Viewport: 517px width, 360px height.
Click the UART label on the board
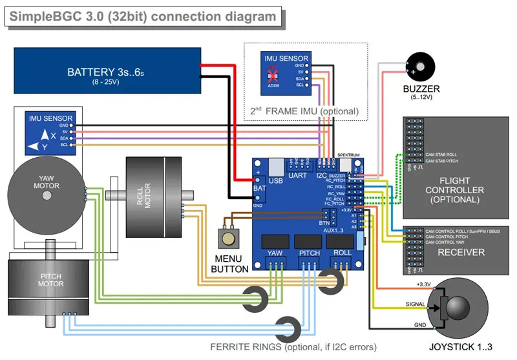[x=298, y=175]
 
